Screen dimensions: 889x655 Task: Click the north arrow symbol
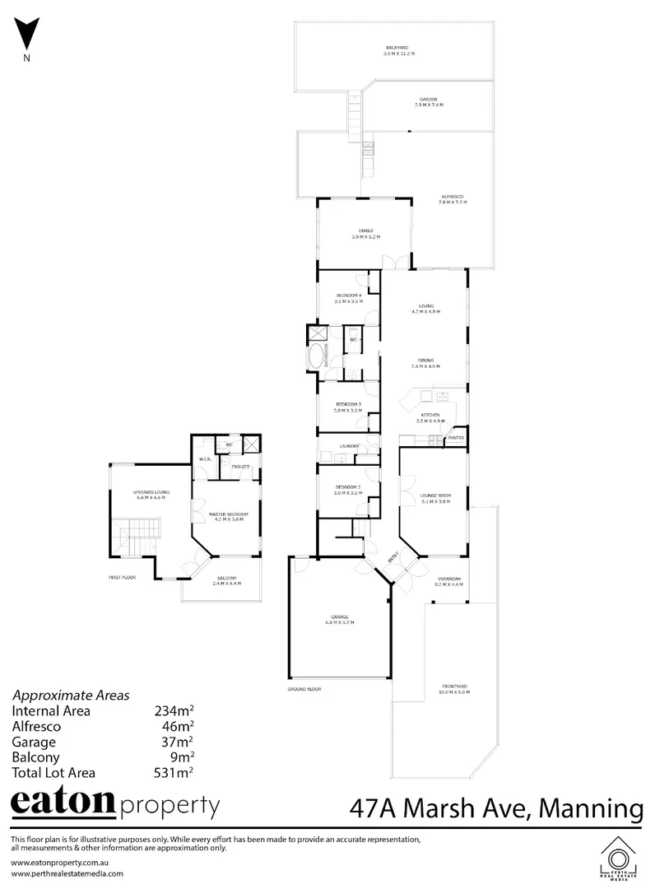click(x=28, y=37)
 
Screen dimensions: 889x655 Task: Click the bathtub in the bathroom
click(x=315, y=357)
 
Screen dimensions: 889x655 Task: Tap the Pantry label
click(x=456, y=438)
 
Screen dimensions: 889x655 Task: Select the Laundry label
click(x=348, y=447)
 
